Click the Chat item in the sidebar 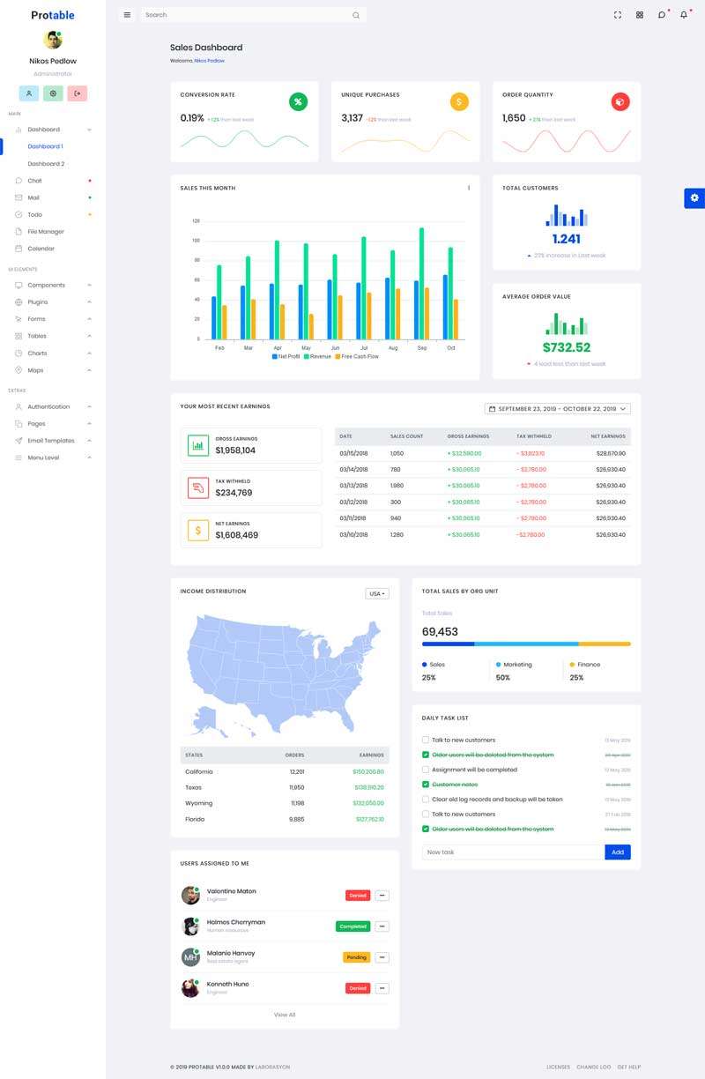pyautogui.click(x=34, y=181)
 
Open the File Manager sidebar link pyautogui.click(x=46, y=232)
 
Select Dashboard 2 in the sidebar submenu pyautogui.click(x=46, y=164)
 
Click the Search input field pyautogui.click(x=247, y=15)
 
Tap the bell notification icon pyautogui.click(x=683, y=15)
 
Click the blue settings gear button pyautogui.click(x=694, y=197)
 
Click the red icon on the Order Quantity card pyautogui.click(x=620, y=102)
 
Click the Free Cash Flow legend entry pyautogui.click(x=360, y=356)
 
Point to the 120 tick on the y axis pyautogui.click(x=197, y=221)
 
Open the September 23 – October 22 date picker pyautogui.click(x=558, y=409)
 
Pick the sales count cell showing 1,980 pyautogui.click(x=397, y=486)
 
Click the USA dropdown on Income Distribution pyautogui.click(x=377, y=594)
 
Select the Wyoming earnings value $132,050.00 pyautogui.click(x=368, y=803)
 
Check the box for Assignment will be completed pyautogui.click(x=426, y=770)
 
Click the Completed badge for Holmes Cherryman pyautogui.click(x=352, y=926)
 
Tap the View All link pyautogui.click(x=285, y=1015)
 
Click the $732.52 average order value pyautogui.click(x=567, y=347)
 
